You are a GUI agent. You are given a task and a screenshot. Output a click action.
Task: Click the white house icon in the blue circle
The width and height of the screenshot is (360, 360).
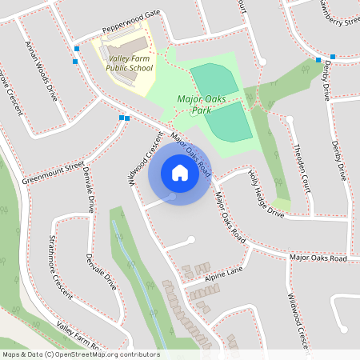[x=179, y=173]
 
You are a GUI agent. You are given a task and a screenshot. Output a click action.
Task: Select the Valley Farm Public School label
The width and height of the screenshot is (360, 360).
[x=129, y=63]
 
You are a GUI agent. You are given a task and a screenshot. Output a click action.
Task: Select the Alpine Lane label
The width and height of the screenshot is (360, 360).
[x=222, y=274]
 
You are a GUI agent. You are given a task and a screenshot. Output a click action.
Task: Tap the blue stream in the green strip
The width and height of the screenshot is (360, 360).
[x=134, y=264]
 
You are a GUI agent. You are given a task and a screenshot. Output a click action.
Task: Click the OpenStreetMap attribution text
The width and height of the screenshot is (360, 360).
[x=80, y=354]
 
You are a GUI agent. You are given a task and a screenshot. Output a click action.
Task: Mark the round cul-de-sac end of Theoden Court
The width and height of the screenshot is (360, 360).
[x=290, y=120]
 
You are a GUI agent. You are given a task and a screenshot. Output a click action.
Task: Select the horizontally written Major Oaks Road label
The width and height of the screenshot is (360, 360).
[x=318, y=258]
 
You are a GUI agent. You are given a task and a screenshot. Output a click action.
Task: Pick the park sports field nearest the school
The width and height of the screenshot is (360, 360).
[x=214, y=81]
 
